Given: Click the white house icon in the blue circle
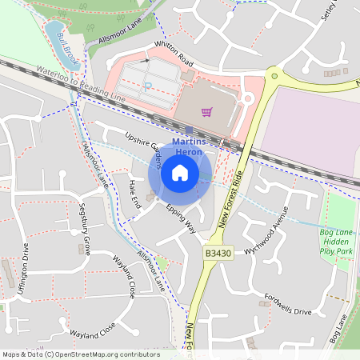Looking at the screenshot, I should point(180,172).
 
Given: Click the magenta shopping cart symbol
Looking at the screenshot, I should point(206,112).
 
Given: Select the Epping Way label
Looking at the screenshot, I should point(181,217).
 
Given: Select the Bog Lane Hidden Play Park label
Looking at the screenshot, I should point(337,242).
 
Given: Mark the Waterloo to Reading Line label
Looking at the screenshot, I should point(81,83).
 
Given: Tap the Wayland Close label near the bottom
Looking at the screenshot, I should point(93,329).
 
